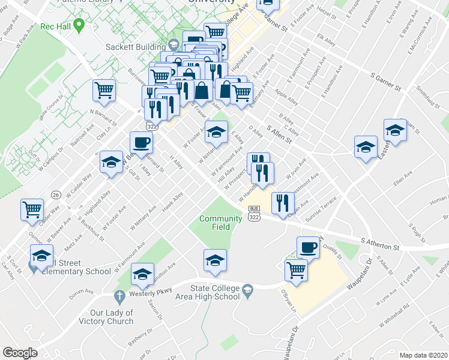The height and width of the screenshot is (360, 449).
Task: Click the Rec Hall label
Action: pos(56,26)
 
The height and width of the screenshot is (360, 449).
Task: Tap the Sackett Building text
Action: pos(143,47)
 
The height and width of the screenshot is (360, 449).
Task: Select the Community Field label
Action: pos(220,223)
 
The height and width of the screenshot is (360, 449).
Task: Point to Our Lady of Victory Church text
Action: pos(106,317)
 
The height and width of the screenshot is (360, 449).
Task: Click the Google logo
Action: pos(20,353)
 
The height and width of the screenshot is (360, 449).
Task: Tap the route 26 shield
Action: pos(55,195)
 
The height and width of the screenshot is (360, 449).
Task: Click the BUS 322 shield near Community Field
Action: pos(254,214)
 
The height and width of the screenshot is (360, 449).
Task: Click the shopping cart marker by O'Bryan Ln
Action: pos(296,270)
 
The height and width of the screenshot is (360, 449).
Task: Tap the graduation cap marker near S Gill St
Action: pos(111,163)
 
